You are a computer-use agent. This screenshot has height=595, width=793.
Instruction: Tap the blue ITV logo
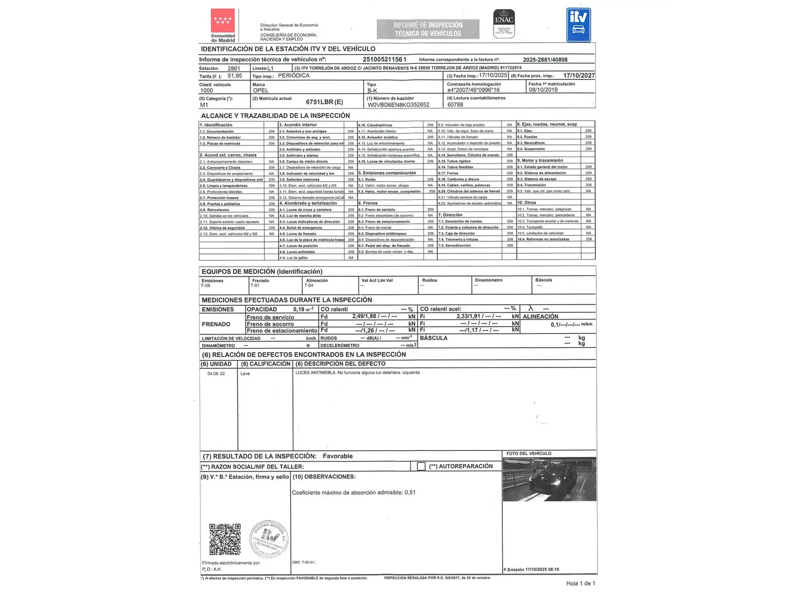click(x=578, y=25)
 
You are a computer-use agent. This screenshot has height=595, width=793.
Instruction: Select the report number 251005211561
click(x=384, y=59)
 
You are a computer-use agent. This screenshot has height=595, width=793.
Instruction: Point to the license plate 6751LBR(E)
click(x=324, y=102)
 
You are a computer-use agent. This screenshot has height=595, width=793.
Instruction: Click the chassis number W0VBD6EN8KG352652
click(x=398, y=105)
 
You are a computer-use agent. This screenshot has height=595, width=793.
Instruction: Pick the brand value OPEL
click(x=260, y=90)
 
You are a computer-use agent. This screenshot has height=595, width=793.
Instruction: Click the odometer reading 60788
click(x=455, y=105)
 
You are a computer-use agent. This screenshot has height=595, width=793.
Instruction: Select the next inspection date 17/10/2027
click(x=579, y=75)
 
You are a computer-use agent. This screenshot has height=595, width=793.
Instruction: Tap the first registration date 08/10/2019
click(x=543, y=90)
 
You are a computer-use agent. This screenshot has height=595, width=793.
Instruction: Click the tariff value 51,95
click(x=235, y=76)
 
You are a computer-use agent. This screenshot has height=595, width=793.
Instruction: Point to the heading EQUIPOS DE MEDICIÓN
click(x=262, y=272)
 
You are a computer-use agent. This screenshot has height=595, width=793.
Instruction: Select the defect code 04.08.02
click(x=216, y=374)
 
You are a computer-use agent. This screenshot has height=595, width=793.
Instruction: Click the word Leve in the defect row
click(x=245, y=374)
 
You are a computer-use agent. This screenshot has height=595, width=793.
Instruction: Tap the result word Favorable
click(x=338, y=456)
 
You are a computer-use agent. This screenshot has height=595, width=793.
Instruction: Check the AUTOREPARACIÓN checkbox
click(x=421, y=467)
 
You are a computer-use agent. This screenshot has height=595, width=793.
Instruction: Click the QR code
click(x=225, y=539)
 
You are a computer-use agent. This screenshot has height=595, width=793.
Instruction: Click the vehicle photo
click(x=549, y=479)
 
